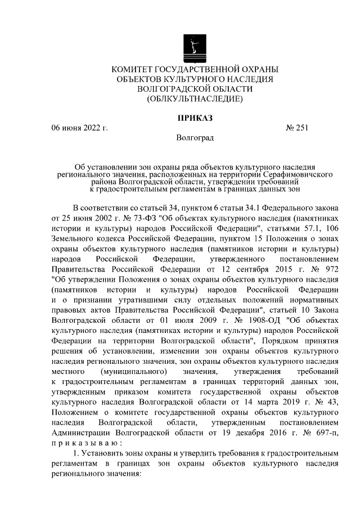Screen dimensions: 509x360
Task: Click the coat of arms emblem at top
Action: point(195,47)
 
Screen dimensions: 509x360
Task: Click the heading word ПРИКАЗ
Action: point(195,118)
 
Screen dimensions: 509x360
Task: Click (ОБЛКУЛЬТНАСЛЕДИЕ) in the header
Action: point(195,99)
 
